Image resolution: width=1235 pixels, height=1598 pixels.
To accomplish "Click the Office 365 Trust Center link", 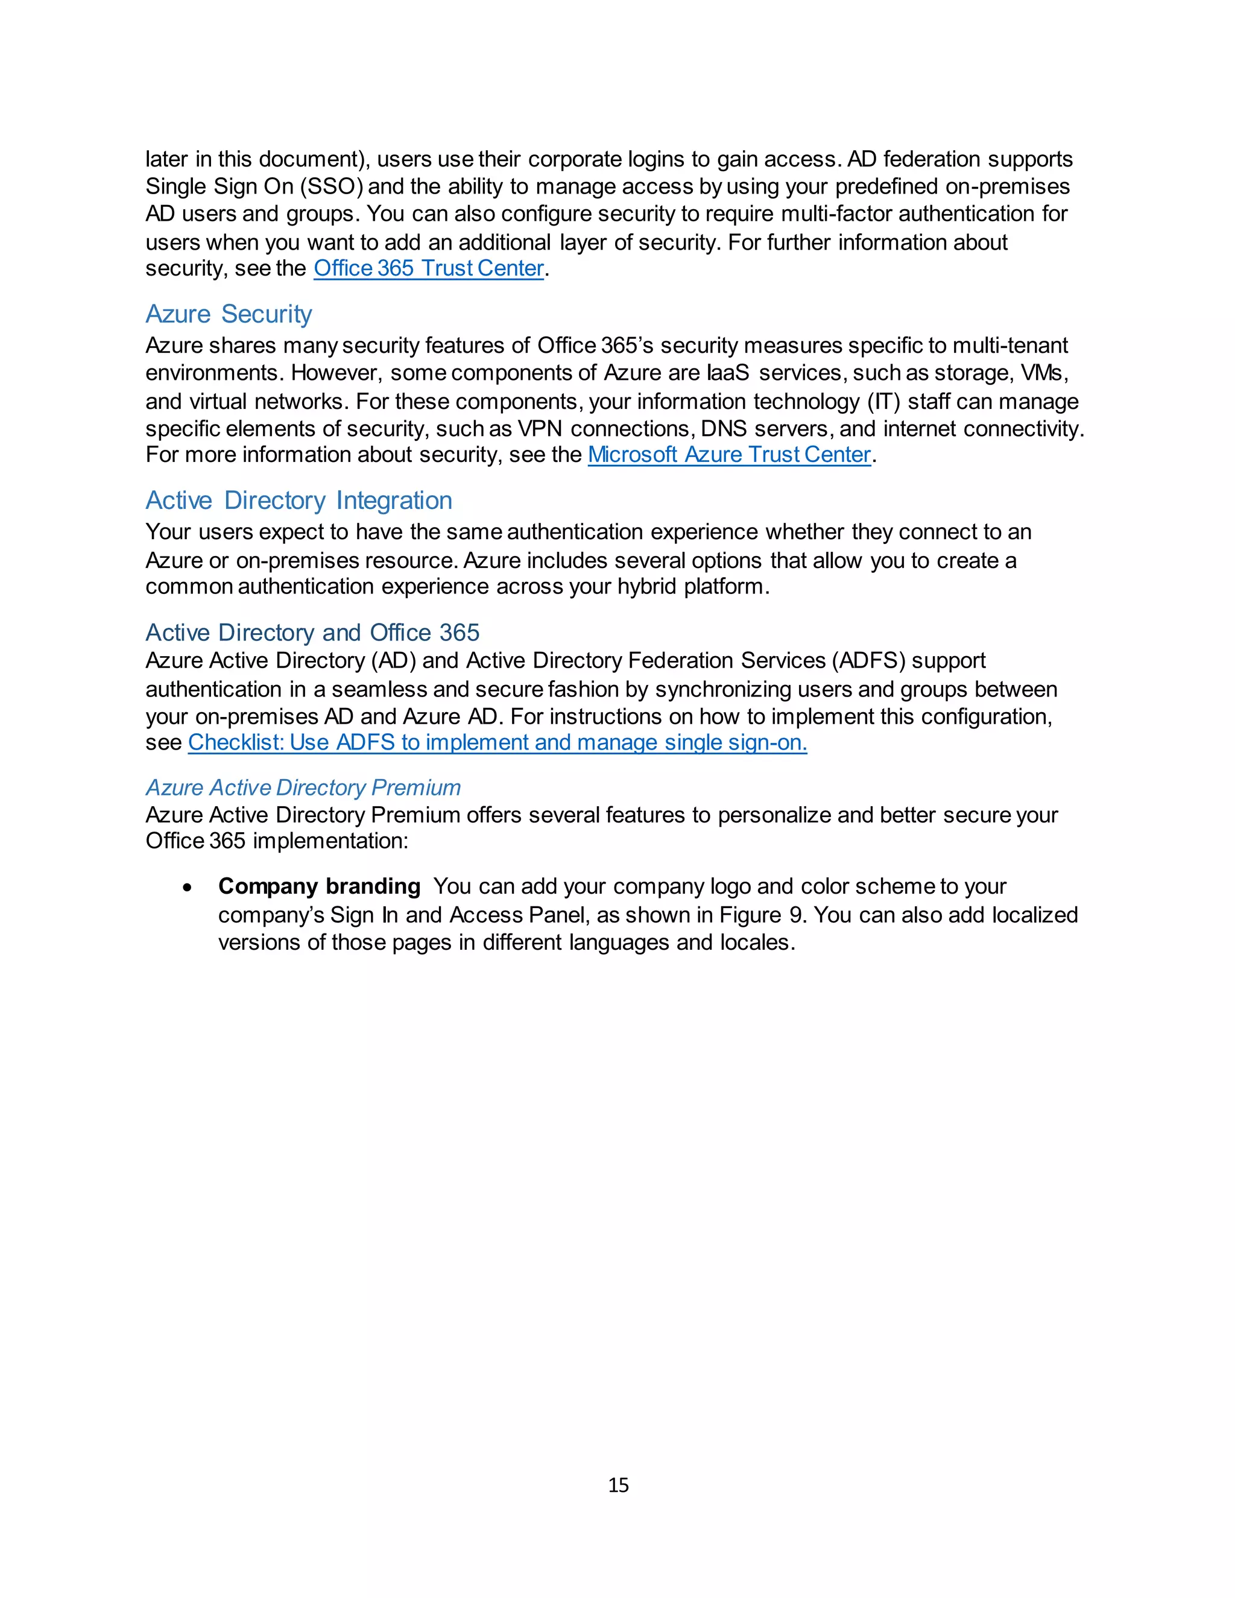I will tap(428, 268).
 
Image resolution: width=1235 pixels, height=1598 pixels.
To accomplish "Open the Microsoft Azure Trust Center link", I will tap(728, 455).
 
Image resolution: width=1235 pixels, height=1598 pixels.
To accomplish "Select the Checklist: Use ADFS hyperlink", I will tap(497, 743).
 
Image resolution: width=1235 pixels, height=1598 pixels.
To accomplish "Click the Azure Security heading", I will tap(229, 314).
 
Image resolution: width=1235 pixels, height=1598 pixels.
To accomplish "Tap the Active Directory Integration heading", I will tap(298, 501).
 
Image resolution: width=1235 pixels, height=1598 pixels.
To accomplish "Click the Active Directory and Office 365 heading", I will tap(312, 632).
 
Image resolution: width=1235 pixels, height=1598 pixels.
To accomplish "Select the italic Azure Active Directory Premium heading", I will tap(303, 788).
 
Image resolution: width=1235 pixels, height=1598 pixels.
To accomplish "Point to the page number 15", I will tap(618, 1485).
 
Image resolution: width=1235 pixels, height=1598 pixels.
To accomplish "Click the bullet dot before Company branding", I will tap(188, 888).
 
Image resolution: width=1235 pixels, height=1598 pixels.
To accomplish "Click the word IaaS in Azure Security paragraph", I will tap(728, 373).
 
